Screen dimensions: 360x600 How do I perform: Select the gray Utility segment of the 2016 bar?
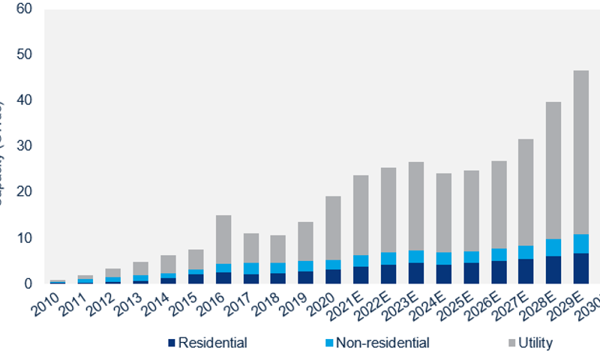(x=223, y=239)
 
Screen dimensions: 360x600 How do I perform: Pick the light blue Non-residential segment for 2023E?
(x=415, y=256)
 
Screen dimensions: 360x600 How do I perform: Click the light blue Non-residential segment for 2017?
(x=250, y=268)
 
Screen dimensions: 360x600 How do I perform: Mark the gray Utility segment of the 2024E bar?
(x=443, y=213)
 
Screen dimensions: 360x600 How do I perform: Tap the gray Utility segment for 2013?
(x=141, y=268)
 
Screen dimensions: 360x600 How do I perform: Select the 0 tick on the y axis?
(x=28, y=284)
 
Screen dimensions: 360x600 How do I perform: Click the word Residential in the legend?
(x=213, y=343)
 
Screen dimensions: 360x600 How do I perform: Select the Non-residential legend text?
(x=382, y=343)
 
